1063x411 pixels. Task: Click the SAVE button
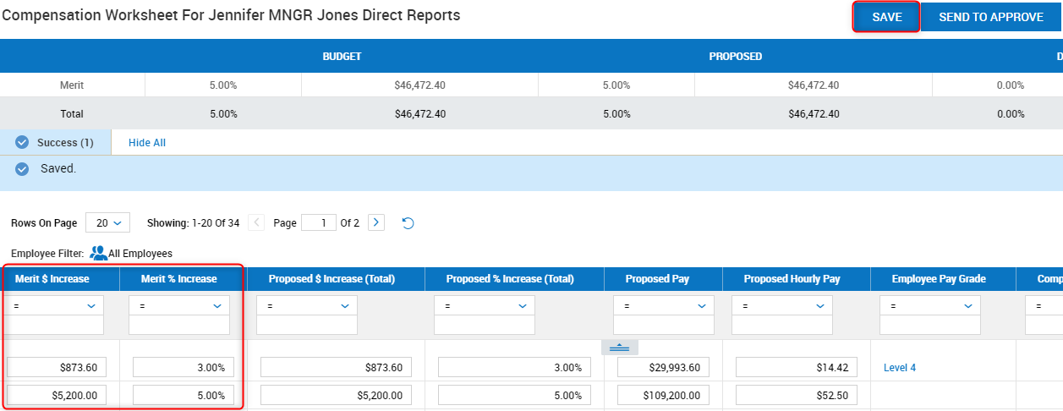click(x=886, y=17)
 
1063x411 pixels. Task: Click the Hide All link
click(x=147, y=143)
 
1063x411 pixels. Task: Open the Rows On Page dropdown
click(x=107, y=223)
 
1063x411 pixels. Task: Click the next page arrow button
click(x=376, y=223)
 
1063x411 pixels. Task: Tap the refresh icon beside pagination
click(x=408, y=223)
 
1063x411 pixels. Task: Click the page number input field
click(x=318, y=223)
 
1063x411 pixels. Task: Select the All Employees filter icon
click(x=98, y=253)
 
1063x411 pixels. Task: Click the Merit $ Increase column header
click(x=52, y=279)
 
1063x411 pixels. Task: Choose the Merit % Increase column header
click(x=178, y=279)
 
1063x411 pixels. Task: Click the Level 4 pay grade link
click(x=900, y=368)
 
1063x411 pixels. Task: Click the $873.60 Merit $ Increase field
click(x=57, y=367)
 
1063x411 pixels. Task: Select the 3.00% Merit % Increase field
click(x=183, y=367)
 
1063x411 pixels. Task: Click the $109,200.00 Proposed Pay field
click(x=663, y=395)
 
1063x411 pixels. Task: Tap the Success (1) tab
click(x=56, y=143)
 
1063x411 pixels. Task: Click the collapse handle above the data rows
click(x=619, y=348)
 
